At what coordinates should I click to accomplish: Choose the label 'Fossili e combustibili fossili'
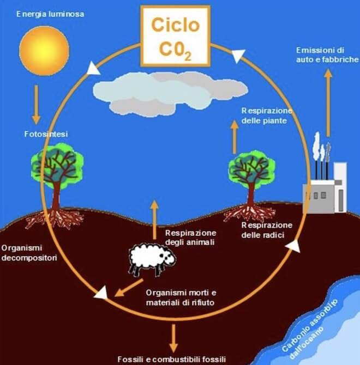click(x=171, y=359)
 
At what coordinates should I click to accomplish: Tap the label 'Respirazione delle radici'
click(x=267, y=230)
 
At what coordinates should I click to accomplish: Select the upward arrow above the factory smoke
click(x=327, y=104)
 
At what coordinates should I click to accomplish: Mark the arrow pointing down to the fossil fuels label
click(x=173, y=338)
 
